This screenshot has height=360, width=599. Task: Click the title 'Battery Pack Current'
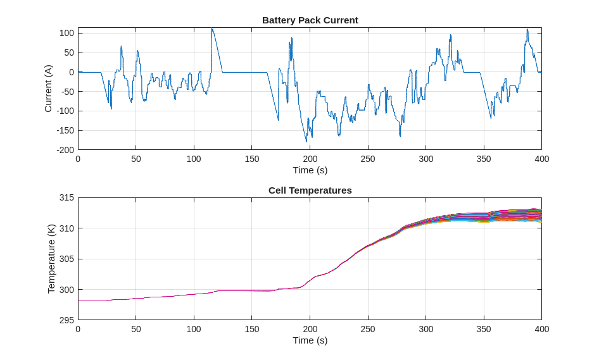click(x=310, y=20)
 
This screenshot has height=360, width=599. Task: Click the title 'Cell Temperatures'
click(x=310, y=190)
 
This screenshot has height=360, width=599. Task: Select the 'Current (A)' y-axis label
click(x=48, y=89)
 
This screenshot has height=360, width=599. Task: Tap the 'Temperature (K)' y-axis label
click(x=51, y=258)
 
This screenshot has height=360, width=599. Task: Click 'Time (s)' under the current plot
click(x=310, y=170)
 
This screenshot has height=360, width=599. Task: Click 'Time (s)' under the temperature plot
click(x=310, y=340)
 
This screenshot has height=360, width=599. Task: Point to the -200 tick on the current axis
click(x=65, y=150)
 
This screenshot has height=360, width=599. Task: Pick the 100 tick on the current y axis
click(x=66, y=33)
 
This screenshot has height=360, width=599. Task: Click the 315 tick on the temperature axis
click(x=66, y=197)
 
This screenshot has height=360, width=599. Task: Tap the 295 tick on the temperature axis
click(x=66, y=320)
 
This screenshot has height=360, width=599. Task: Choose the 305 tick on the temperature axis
click(x=66, y=259)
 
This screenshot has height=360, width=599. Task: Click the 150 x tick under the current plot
click(x=251, y=159)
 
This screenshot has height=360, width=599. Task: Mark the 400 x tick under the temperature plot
click(x=541, y=330)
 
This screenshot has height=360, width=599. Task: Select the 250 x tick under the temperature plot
click(x=368, y=330)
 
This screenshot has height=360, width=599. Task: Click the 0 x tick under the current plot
click(x=78, y=159)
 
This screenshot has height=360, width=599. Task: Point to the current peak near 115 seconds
click(x=212, y=28)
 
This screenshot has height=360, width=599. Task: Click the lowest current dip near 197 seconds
click(x=306, y=141)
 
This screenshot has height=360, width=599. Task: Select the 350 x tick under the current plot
click(x=484, y=159)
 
